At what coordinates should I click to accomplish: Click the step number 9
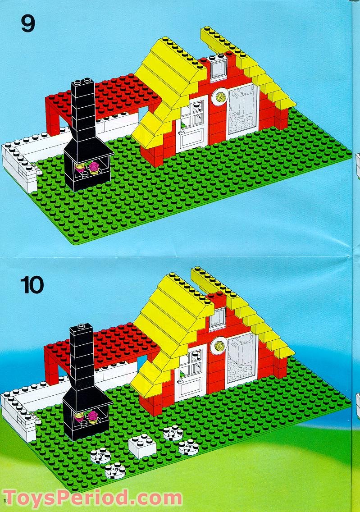tap(28, 23)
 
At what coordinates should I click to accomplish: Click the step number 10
tap(32, 285)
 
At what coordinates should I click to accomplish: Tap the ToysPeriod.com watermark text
tap(92, 498)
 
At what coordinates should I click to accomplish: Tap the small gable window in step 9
tap(219, 69)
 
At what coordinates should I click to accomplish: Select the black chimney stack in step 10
tap(82, 359)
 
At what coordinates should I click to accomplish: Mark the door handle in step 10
tap(180, 381)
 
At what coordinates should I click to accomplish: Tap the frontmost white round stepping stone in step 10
tap(115, 471)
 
